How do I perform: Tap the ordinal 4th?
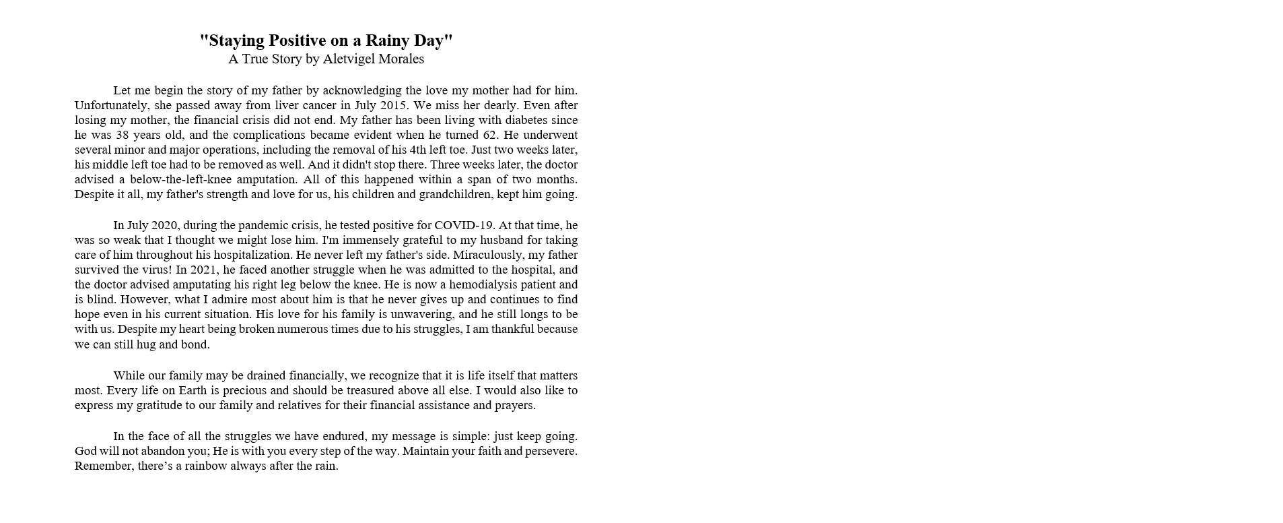tap(421, 150)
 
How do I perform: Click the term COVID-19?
tap(464, 226)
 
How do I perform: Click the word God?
tap(85, 451)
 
